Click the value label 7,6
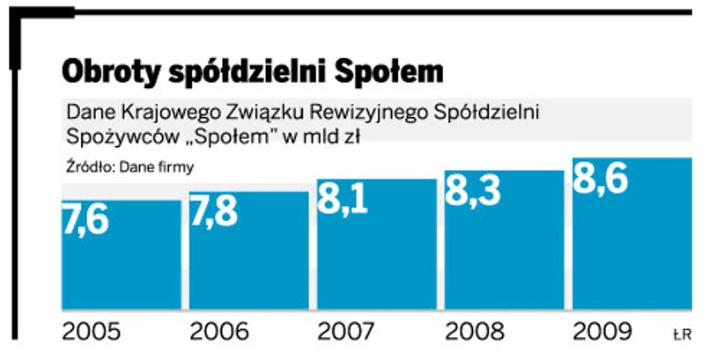pos(85,220)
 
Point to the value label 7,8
pos(214,212)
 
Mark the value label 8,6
pos(601,179)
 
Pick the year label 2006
pos(219,333)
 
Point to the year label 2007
pos(347,333)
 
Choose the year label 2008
pos(475,333)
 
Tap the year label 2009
pos(602,333)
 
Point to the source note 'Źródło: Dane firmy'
pos(130,165)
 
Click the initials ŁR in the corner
pos(683,334)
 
